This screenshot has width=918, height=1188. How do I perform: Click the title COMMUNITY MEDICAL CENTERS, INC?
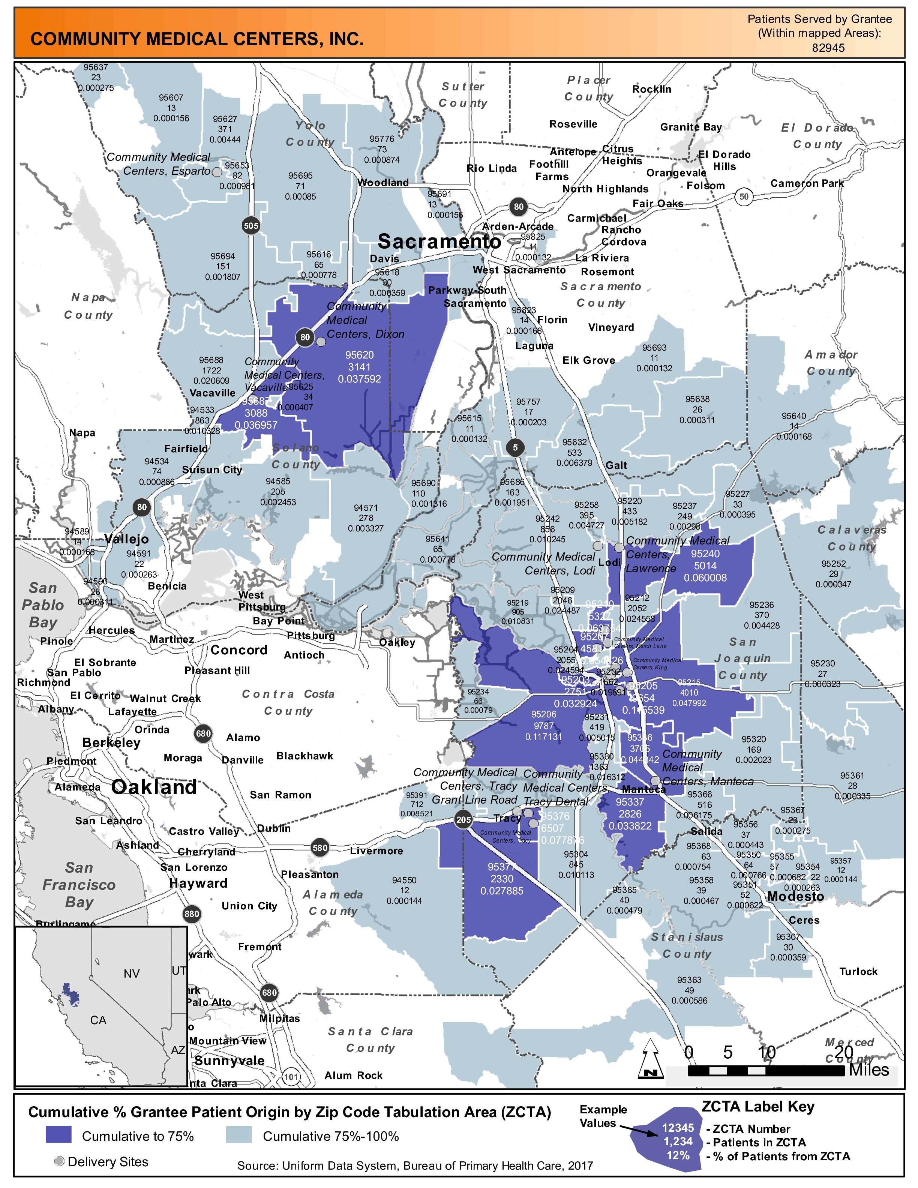coord(197,39)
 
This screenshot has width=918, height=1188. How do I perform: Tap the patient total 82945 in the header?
coord(828,48)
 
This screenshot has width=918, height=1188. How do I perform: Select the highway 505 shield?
coord(251,226)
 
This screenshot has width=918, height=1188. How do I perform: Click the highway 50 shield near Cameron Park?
coord(744,196)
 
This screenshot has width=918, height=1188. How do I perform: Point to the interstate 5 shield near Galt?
coord(515,448)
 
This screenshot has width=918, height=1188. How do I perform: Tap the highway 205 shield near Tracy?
coord(463,820)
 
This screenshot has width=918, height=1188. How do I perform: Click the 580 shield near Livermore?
coord(320,847)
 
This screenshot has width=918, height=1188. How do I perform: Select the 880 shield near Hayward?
coord(191,914)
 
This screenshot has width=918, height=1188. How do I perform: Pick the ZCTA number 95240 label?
coord(705,554)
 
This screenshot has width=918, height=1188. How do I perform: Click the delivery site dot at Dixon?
coord(321,342)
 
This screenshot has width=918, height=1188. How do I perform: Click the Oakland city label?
coord(154,787)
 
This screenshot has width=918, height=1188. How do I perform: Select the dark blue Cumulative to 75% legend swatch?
coord(58,1136)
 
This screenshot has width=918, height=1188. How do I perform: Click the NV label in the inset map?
coord(132,973)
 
